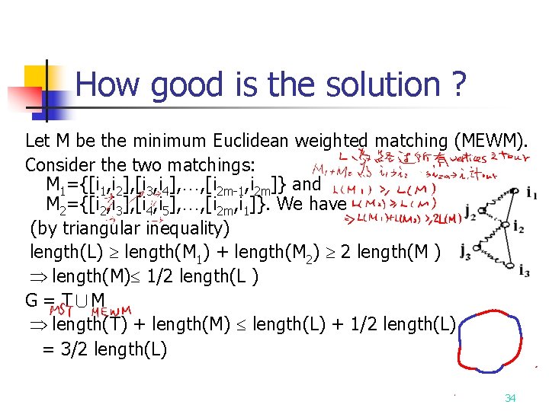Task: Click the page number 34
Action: click(x=510, y=398)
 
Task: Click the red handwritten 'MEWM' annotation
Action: click(x=111, y=311)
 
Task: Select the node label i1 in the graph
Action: click(x=531, y=194)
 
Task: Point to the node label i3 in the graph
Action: click(x=524, y=270)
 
